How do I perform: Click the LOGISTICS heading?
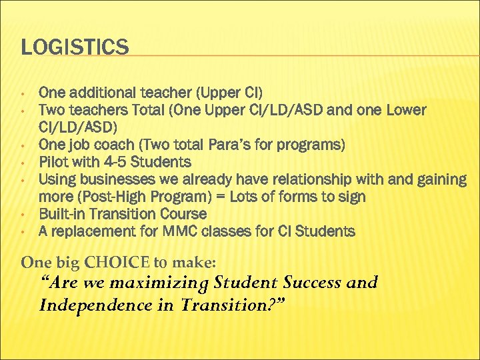75,47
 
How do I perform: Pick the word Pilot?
53,162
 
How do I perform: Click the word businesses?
111,179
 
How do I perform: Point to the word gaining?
439,179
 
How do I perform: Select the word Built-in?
65,214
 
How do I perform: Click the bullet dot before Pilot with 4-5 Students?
23,162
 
